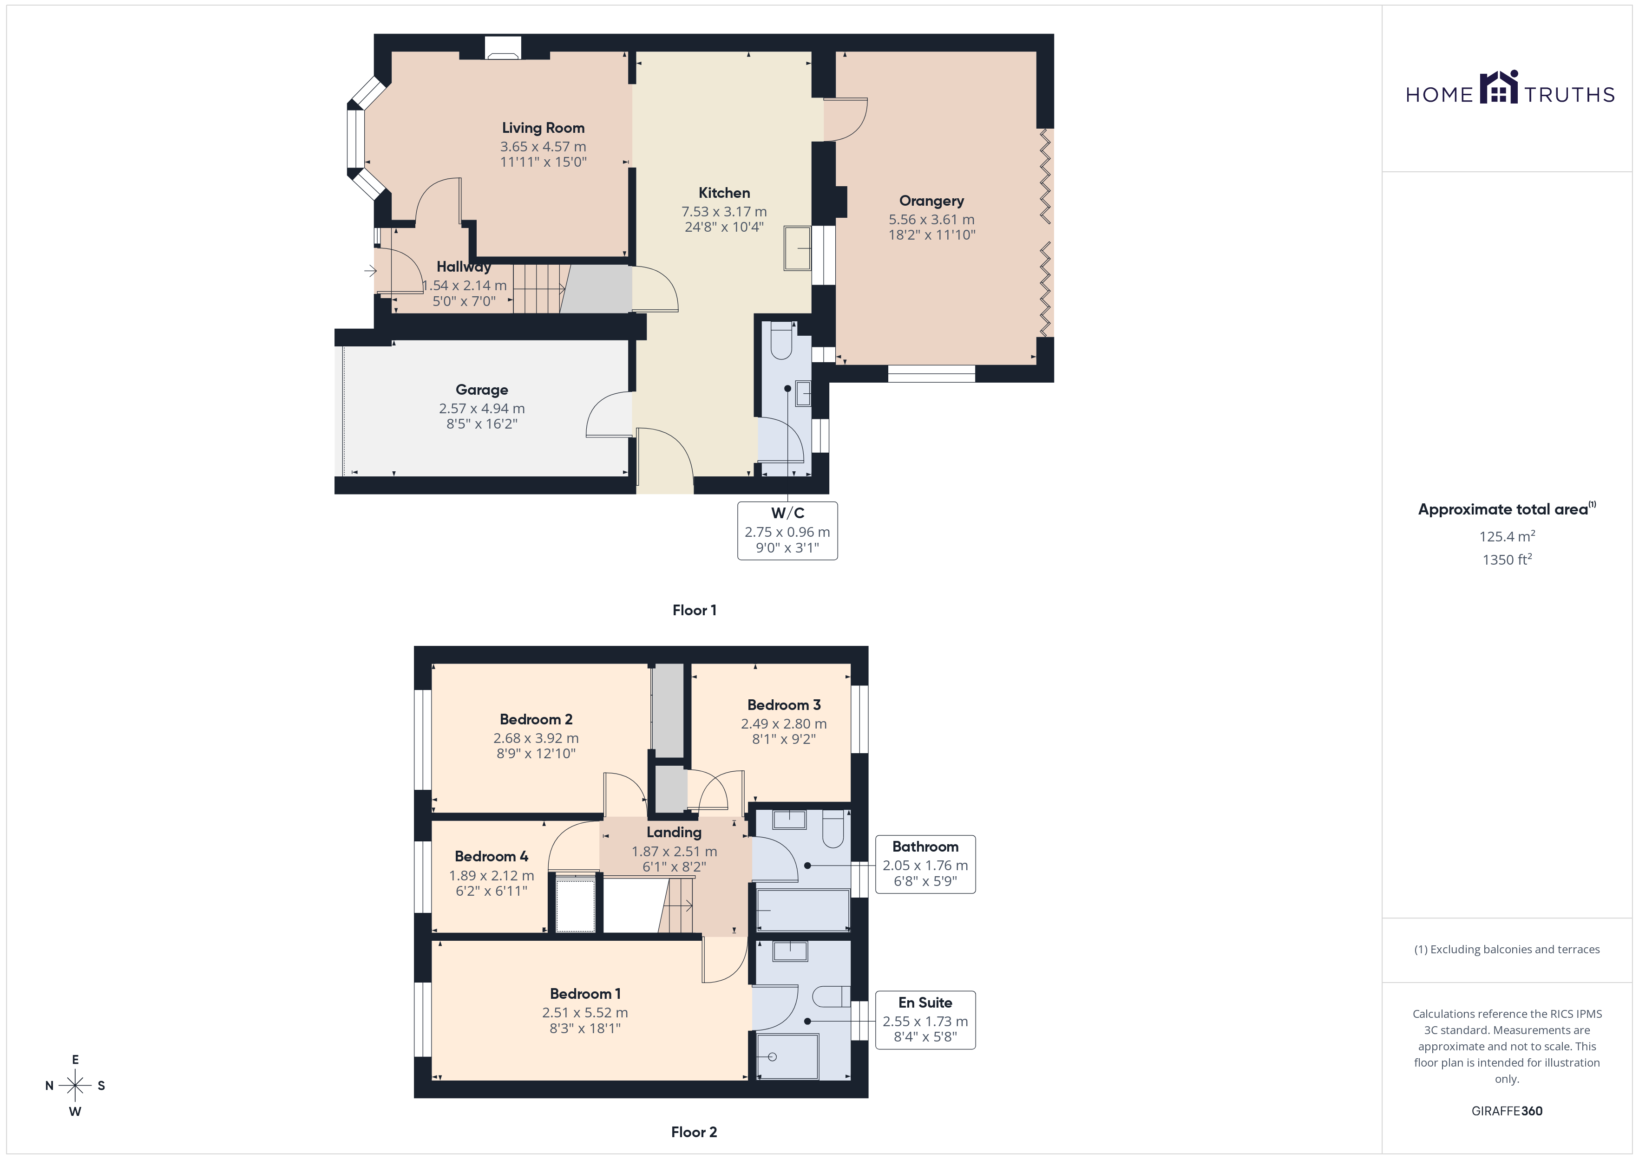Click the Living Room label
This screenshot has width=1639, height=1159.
pos(543,128)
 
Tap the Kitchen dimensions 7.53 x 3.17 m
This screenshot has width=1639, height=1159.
pos(724,212)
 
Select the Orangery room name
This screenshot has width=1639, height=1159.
pos(931,201)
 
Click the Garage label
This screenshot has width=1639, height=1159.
pos(482,390)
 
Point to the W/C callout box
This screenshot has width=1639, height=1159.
pos(787,531)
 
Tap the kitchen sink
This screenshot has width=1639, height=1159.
pos(797,248)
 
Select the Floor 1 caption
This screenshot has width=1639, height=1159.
pos(694,610)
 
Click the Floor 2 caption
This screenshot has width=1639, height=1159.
pos(694,1132)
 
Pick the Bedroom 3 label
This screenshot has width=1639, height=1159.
pos(784,705)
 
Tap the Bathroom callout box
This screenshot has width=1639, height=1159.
pos(925,864)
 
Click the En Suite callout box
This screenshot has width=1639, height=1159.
pos(925,1020)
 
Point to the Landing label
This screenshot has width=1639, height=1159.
pos(674,832)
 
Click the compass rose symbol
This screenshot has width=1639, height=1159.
pos(75,1086)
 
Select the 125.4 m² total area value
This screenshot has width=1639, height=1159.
pos(1507,536)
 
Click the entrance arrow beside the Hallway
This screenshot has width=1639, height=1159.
pos(370,271)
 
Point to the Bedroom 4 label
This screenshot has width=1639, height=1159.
pos(491,856)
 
